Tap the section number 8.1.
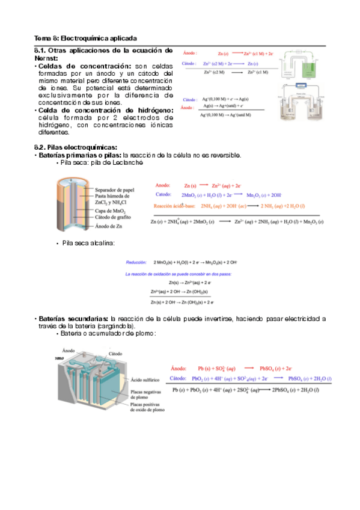pos(41,51)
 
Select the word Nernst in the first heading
pos(46,58)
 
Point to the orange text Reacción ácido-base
pos(178,205)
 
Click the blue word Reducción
pos(138,262)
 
